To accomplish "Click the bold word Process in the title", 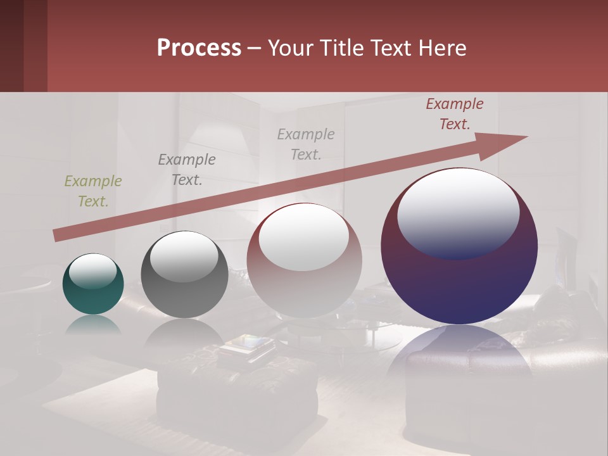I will tap(199, 48).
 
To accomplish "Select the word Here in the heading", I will tap(441, 48).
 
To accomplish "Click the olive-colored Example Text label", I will tap(93, 191).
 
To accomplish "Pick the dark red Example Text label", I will tap(455, 114).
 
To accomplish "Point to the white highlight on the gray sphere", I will tap(184, 256).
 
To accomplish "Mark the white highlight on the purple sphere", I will tap(458, 214).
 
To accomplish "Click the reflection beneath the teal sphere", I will tap(93, 324).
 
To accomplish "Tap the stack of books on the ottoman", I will tap(247, 347).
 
